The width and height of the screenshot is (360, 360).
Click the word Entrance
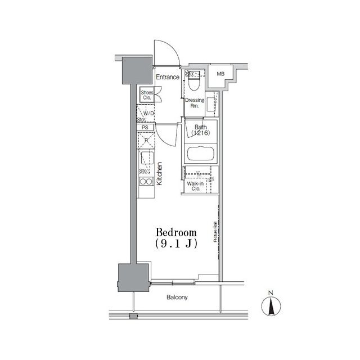[168, 77]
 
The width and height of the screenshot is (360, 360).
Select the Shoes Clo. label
[147, 95]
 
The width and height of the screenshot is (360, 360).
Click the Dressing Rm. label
[195, 103]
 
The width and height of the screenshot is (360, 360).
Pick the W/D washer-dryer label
[148, 114]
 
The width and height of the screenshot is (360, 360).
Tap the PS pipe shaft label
[145, 128]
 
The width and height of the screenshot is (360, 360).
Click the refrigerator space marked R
[146, 141]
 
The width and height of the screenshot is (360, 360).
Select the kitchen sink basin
[146, 159]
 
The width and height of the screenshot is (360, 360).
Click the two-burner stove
[146, 181]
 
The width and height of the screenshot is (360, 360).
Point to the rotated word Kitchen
[160, 174]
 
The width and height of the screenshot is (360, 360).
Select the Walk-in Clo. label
[195, 186]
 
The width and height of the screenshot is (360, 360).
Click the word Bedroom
[175, 232]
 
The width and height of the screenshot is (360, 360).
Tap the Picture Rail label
[215, 232]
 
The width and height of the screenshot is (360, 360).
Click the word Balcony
[177, 297]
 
